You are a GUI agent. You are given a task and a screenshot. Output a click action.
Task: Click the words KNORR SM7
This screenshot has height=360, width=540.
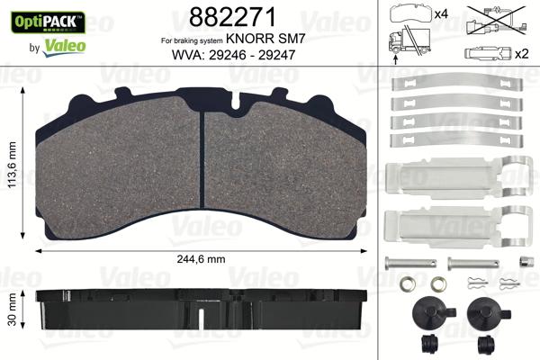coord(265,41)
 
